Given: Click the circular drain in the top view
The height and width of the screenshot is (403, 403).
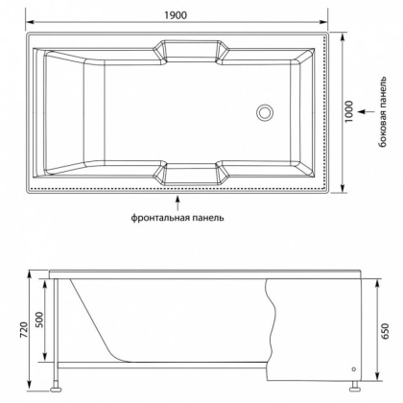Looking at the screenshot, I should tap(263, 112).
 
